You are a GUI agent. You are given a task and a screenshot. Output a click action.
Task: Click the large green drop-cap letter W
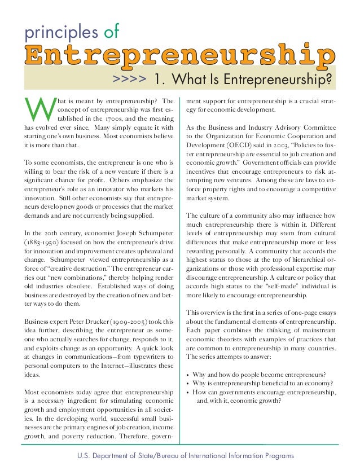[x=38, y=111]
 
